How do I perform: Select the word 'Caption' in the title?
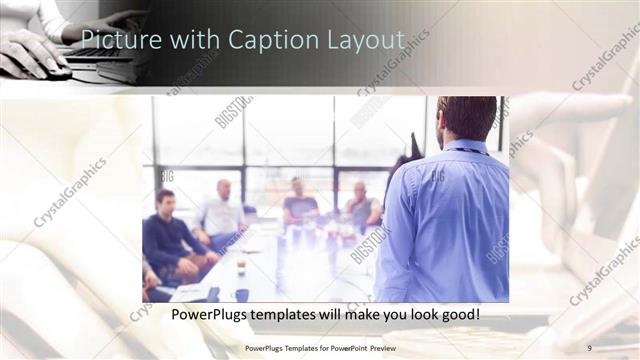click(x=267, y=39)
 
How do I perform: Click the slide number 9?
click(x=589, y=347)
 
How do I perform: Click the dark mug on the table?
click(x=242, y=294)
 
